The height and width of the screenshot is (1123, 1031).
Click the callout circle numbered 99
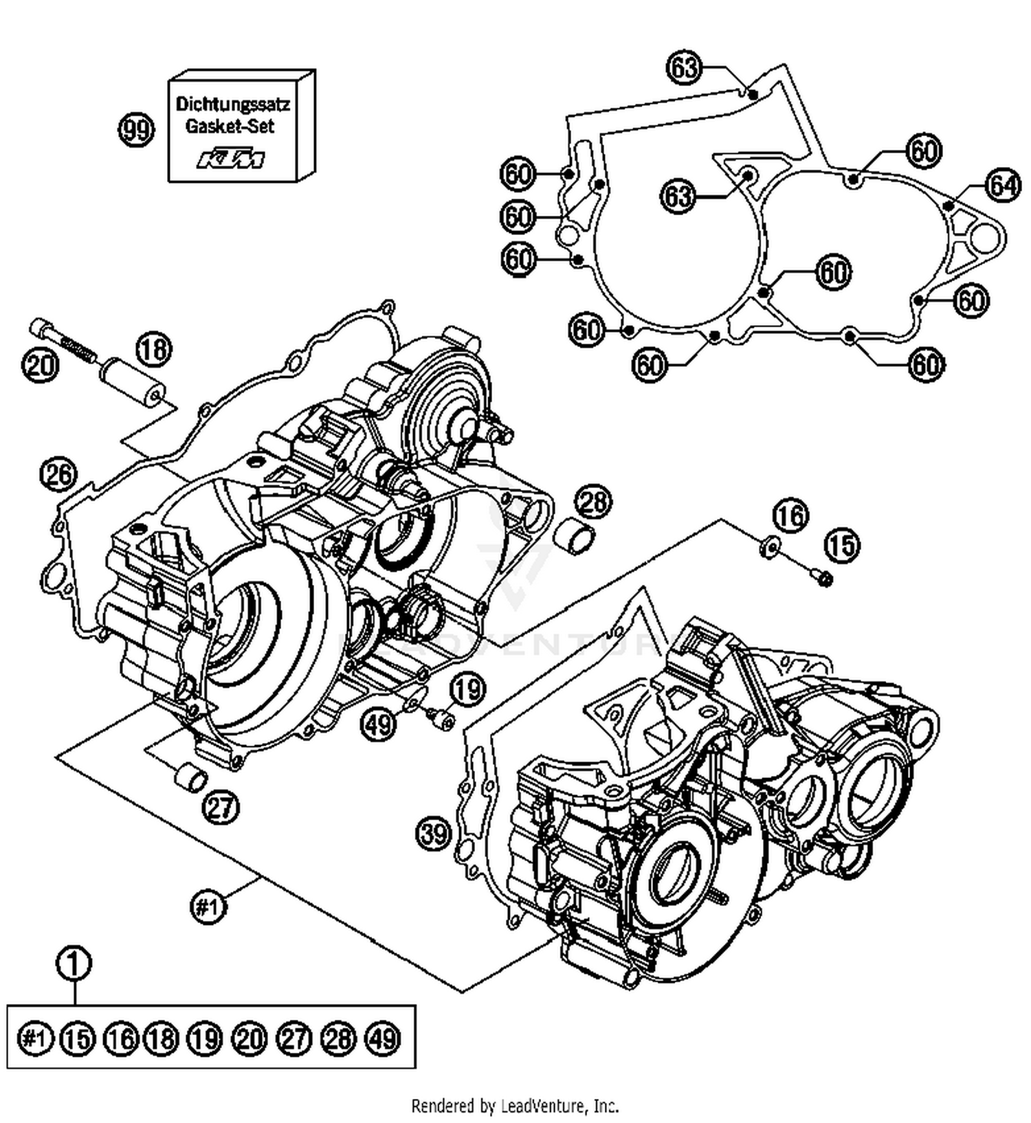pyautogui.click(x=136, y=129)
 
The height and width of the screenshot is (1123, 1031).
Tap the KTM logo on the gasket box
pyautogui.click(x=231, y=159)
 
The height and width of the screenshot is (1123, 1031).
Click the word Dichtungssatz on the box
pyautogui.click(x=232, y=104)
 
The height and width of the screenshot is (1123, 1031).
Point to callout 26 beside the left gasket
pyautogui.click(x=58, y=474)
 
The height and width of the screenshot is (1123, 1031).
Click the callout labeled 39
pyautogui.click(x=434, y=834)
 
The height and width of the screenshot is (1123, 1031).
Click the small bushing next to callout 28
pyautogui.click(x=575, y=533)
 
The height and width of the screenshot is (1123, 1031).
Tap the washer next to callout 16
pyautogui.click(x=769, y=546)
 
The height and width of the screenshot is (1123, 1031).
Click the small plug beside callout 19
pyautogui.click(x=440, y=720)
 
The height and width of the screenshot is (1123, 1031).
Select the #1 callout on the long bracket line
pyautogui.click(x=207, y=907)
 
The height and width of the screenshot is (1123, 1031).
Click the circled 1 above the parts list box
pyautogui.click(x=74, y=964)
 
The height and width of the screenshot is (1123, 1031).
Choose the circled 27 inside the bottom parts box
pyautogui.click(x=293, y=1038)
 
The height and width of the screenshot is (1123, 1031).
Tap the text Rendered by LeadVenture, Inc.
pyautogui.click(x=514, y=1106)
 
